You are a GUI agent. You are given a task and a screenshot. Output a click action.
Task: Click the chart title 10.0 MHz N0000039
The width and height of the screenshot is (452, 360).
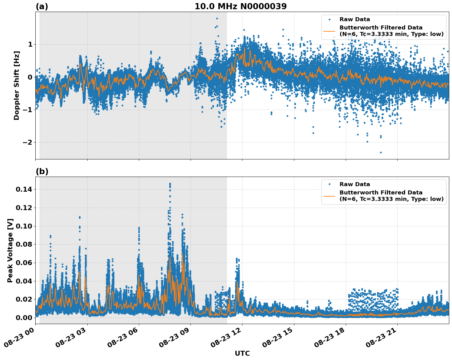240,6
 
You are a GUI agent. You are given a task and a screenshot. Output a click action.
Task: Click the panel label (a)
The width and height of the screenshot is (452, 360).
42,6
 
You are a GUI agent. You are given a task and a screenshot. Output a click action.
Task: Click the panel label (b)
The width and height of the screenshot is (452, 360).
42,171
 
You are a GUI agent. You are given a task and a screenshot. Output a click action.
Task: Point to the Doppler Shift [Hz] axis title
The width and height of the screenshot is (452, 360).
17,85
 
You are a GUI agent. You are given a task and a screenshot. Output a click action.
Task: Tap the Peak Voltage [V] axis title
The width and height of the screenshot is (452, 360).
10,250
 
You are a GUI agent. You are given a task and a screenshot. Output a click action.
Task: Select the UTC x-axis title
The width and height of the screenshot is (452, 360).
242,353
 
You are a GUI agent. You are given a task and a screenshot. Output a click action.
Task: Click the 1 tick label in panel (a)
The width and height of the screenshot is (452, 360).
30,44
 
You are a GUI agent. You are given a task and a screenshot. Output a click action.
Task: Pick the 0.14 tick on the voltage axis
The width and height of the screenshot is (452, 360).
24,190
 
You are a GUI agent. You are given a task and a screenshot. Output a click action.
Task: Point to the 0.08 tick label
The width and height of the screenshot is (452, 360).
24,245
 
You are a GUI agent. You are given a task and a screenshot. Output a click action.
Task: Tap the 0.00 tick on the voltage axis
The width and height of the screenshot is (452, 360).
24,318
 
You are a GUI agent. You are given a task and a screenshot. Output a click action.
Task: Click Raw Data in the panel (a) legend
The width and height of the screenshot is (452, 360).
355,20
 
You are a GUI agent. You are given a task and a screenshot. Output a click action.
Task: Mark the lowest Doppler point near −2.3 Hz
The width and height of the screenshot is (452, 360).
381,152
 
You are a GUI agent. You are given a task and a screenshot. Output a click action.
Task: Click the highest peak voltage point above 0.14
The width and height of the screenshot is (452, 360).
170,184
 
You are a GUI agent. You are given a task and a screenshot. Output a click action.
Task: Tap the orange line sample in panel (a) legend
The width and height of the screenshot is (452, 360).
329,31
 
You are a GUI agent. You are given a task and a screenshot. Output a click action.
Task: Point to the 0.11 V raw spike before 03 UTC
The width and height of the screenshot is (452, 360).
80,217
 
